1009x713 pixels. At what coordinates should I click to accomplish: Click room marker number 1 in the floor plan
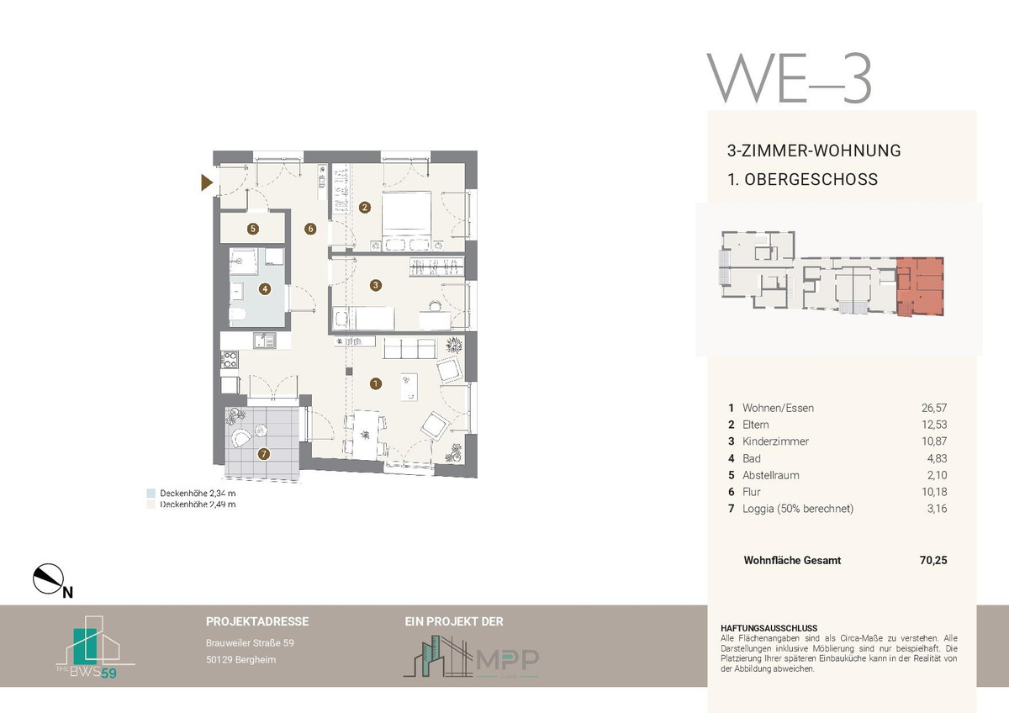click(x=376, y=383)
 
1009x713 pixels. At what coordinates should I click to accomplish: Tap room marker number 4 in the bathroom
click(x=265, y=289)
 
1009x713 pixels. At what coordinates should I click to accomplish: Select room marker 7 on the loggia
click(x=263, y=454)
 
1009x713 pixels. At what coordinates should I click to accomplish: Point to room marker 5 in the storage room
click(x=253, y=229)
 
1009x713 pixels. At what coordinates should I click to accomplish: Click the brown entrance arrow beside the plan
click(x=207, y=182)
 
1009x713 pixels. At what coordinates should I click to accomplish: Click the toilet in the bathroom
click(x=237, y=314)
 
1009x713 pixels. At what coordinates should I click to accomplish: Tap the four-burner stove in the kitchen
click(x=230, y=360)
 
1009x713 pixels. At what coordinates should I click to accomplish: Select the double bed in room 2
click(x=406, y=220)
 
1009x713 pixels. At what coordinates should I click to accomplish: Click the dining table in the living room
click(x=366, y=435)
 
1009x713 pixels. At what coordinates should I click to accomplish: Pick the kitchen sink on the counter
click(x=264, y=341)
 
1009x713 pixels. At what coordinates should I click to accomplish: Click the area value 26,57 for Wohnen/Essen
click(x=934, y=408)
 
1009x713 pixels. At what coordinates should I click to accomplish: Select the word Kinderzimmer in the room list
click(x=775, y=441)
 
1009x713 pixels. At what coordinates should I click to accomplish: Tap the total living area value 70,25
click(x=933, y=560)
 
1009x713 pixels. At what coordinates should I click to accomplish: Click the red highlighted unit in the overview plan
click(x=920, y=287)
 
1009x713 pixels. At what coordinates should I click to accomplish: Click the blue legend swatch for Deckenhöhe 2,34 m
click(x=151, y=494)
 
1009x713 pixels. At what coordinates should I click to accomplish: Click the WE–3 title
click(x=790, y=78)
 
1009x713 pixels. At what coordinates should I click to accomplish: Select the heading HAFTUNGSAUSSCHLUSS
click(x=769, y=628)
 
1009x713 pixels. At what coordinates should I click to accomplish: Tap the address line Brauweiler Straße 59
click(x=250, y=643)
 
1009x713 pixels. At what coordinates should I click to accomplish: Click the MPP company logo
click(x=471, y=657)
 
